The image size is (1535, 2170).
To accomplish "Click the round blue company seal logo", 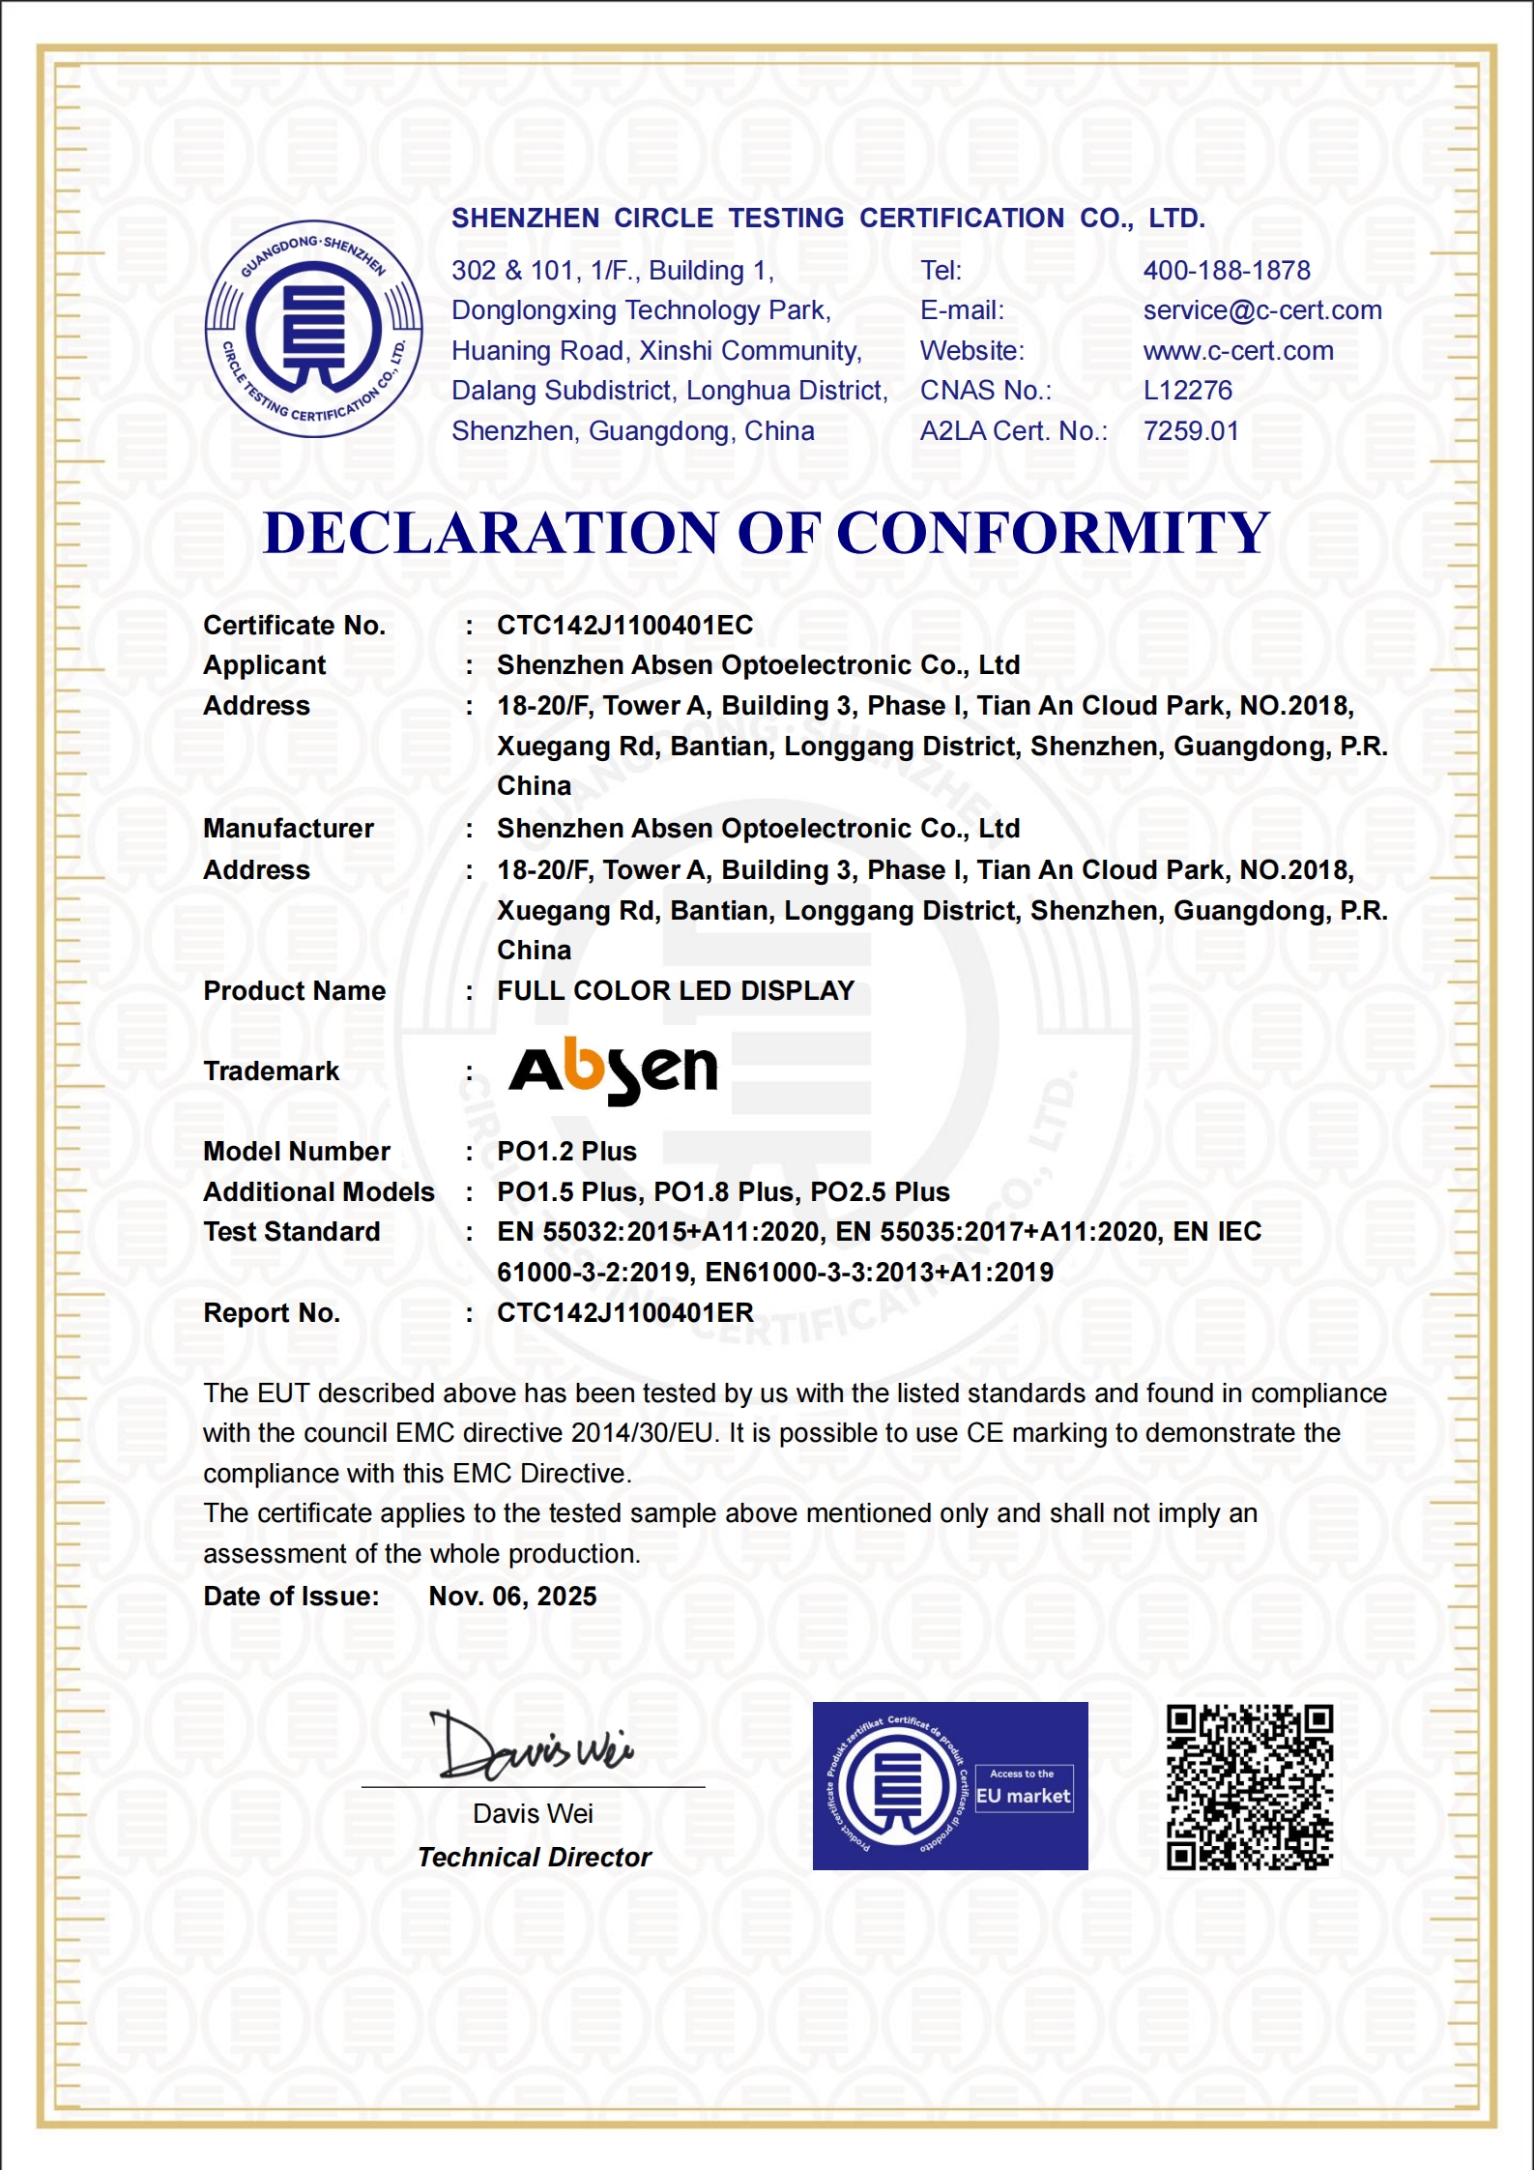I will coord(313,329).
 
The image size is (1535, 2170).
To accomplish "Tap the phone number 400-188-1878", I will coord(1226,271).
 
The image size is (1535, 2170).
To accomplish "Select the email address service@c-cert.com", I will coord(1261,310).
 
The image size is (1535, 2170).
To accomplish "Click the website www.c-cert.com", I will coord(1237,351).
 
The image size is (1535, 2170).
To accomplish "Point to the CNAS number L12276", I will coord(1187,391).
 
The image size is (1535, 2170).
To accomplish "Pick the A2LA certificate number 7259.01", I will coord(1190,431).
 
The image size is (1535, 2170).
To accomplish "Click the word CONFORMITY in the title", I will coord(1052,533).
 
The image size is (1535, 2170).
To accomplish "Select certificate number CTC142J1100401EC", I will coord(624,626).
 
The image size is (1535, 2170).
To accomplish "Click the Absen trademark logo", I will coord(613,1070).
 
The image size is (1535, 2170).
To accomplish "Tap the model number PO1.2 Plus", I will coord(566,1152).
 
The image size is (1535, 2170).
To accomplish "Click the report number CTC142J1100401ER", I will coord(624,1313).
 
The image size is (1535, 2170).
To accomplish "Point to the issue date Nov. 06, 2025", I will coord(512,1597).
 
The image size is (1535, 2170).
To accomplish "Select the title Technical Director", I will coord(534,1858).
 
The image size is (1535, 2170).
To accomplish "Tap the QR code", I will coord(1249,1787).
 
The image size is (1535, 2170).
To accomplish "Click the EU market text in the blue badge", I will coord(1023,1797).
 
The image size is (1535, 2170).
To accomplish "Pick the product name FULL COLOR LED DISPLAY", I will coord(675,991).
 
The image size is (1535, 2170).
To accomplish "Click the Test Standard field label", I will coord(291,1232).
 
